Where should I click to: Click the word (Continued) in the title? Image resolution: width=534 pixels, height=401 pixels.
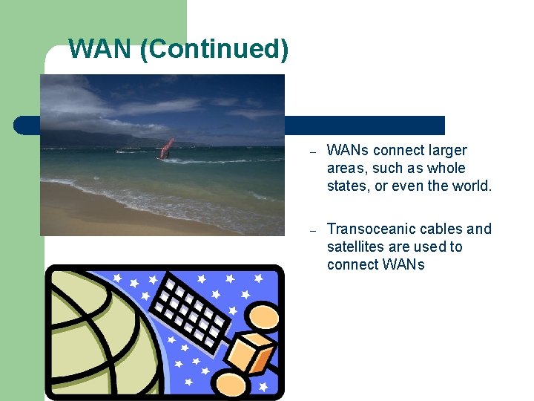[x=214, y=50]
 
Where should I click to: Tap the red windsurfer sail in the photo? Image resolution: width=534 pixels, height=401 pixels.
[x=167, y=148]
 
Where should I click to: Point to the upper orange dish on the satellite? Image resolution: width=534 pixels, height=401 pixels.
[x=261, y=316]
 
